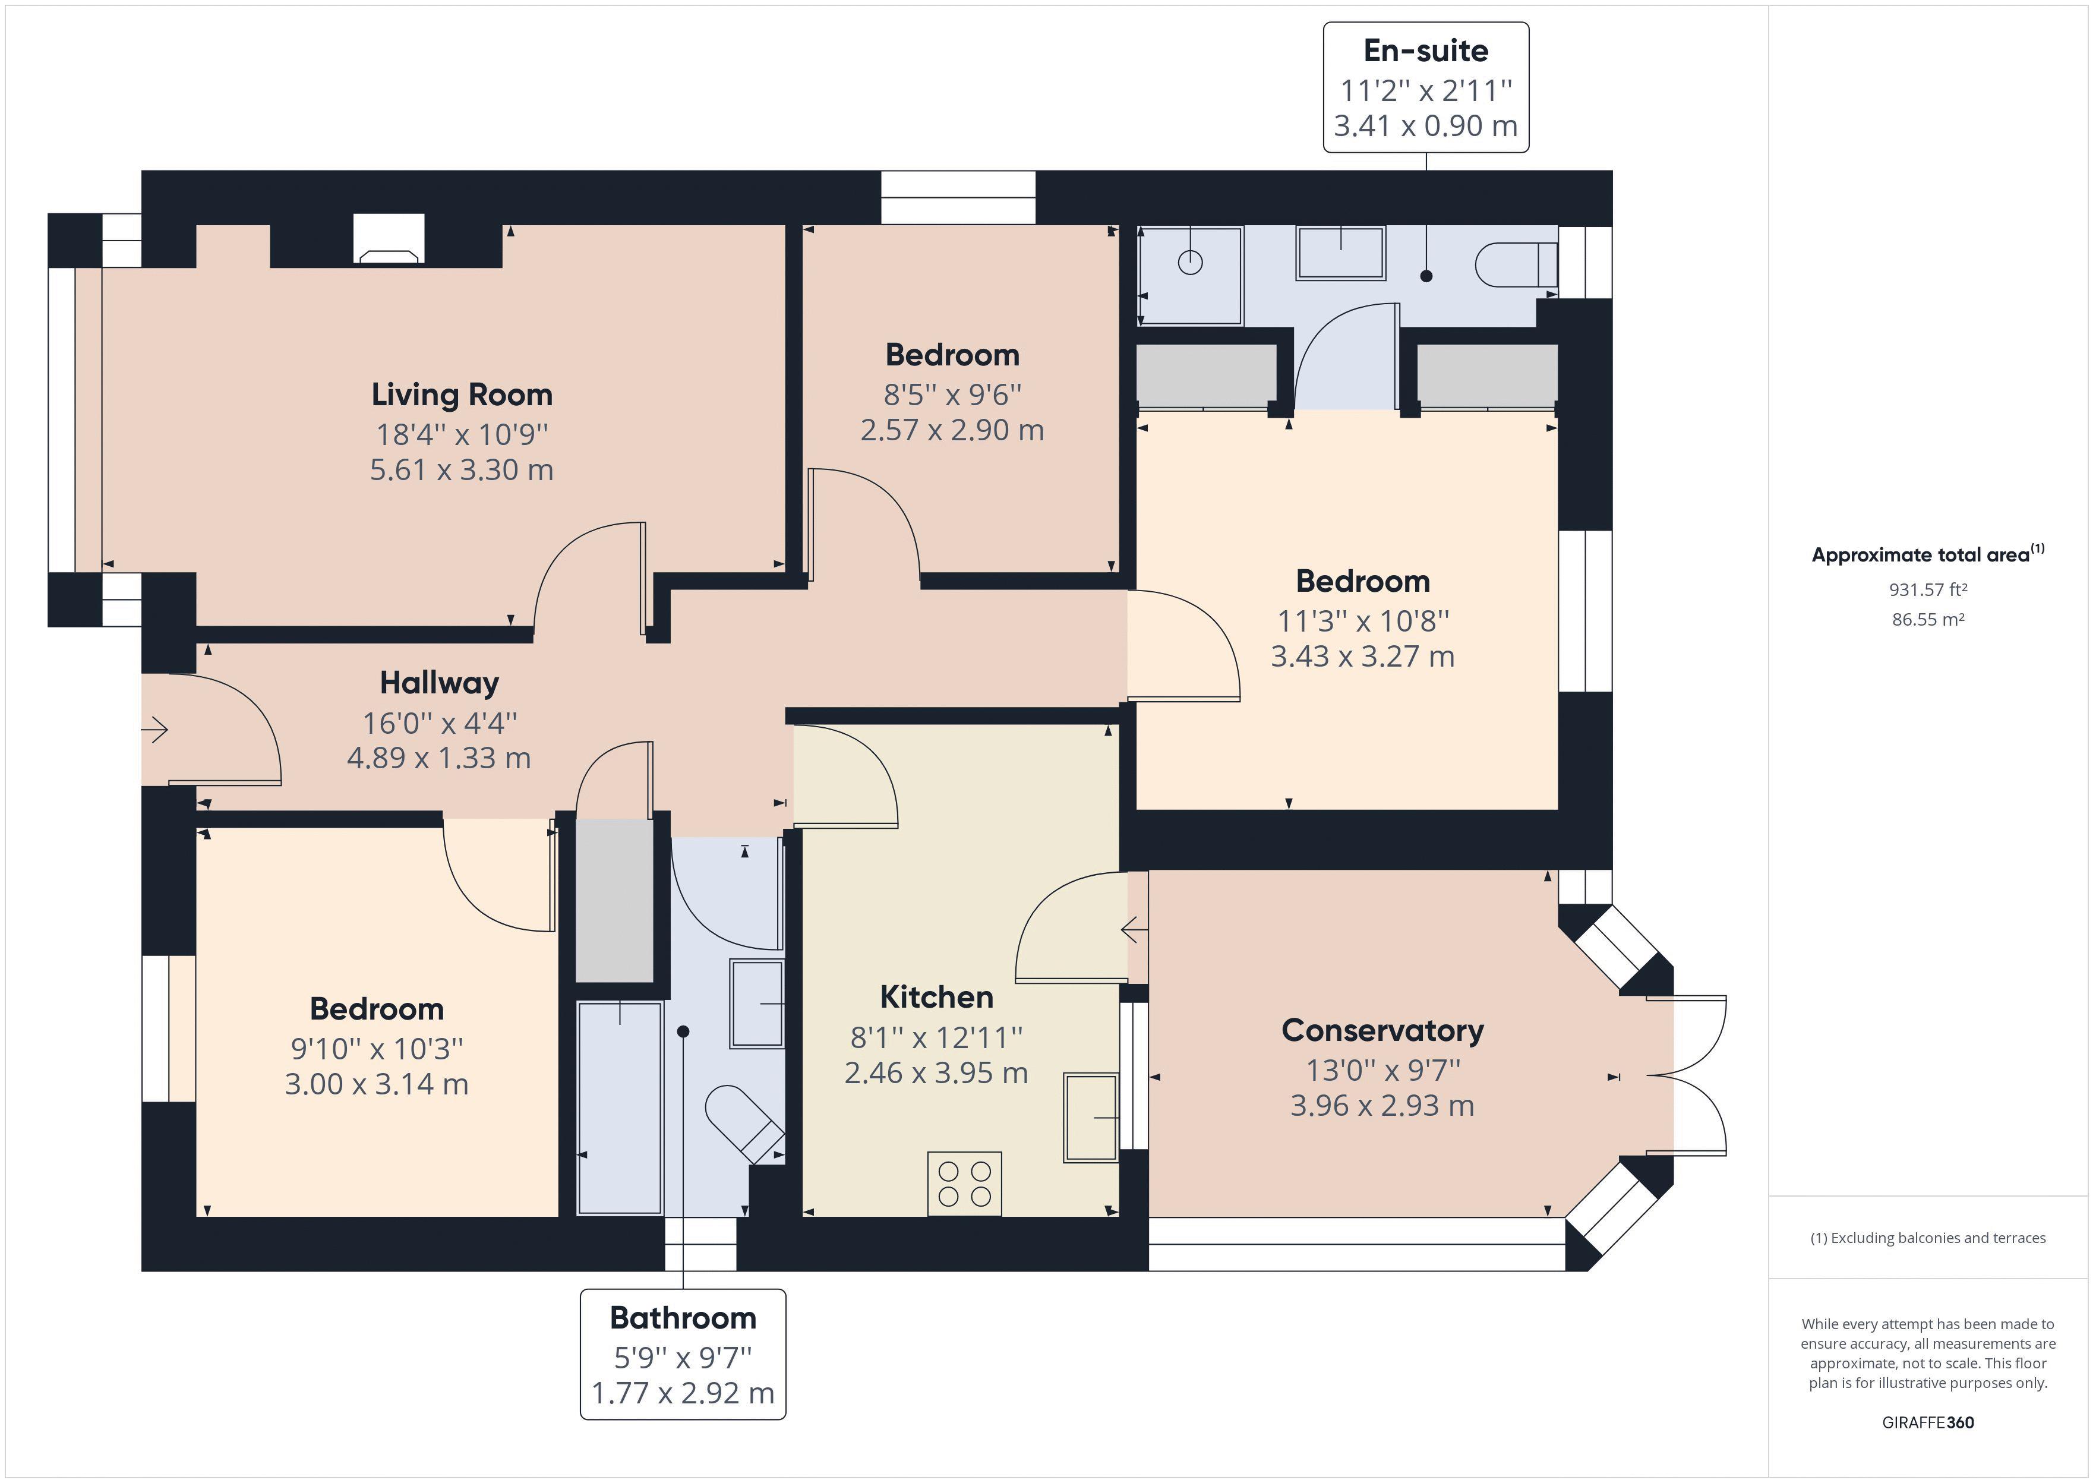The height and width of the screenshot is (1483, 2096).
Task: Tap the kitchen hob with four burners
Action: [964, 1184]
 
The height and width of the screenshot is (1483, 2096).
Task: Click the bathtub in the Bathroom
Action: [620, 1107]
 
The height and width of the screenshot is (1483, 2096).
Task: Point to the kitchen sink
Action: [1091, 1118]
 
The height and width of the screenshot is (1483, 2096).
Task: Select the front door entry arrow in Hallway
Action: [154, 730]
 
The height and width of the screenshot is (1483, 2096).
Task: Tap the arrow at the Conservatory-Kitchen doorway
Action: [1135, 930]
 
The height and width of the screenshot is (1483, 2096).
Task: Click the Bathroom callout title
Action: [683, 1318]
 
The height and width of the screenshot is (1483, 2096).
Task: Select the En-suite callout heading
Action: [1425, 51]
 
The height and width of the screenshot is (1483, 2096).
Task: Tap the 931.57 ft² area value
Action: [1927, 590]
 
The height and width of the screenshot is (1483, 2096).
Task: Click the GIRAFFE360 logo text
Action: [1927, 1422]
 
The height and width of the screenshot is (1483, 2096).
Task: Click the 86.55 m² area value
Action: [1927, 619]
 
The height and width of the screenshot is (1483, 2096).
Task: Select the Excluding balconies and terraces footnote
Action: [1927, 1238]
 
